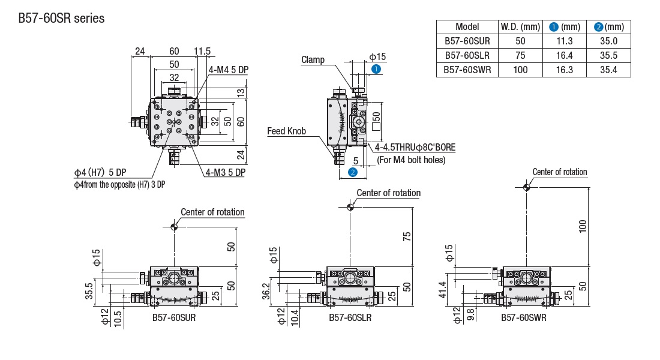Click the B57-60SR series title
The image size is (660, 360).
coord(61,19)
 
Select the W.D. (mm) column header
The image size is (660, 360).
coord(520,26)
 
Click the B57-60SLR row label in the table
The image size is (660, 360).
coord(467,55)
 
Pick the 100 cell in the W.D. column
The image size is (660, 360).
coord(520,70)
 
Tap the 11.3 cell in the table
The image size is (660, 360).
coord(565,41)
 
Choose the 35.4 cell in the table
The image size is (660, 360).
coord(608,70)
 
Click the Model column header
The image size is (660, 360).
coord(467,26)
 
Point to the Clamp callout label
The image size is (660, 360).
coord(313,59)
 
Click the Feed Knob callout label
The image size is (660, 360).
coord(287,131)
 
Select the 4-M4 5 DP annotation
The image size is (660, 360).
coord(229,70)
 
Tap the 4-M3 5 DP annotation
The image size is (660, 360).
coord(226,172)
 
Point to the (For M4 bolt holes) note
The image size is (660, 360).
coord(411,160)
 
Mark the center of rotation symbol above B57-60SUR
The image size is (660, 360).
coord(174,226)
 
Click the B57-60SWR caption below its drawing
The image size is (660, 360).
coord(524,317)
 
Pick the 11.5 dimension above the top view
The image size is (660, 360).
coord(203,52)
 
